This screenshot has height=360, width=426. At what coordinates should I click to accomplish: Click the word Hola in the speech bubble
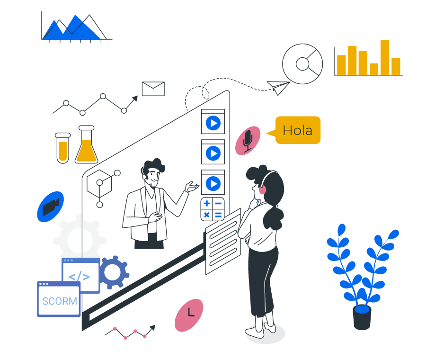pos(297,130)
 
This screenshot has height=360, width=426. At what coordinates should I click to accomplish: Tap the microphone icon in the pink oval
pos(248,140)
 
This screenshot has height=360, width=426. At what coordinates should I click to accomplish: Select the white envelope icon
pos(153,89)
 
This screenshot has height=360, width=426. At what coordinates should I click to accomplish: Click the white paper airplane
pos(278,87)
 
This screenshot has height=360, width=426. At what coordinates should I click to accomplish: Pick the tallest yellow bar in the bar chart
pos(385,57)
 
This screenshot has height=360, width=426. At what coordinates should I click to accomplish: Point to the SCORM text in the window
pos(60,301)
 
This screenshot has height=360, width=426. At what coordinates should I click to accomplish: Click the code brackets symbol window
pos(80,277)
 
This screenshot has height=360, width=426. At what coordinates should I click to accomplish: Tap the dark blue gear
pos(113,272)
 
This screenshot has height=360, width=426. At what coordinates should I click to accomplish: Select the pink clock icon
pos(189,315)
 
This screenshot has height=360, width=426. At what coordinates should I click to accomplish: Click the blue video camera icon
pos(51,207)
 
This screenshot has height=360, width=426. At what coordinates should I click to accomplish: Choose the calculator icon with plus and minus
pos(213,209)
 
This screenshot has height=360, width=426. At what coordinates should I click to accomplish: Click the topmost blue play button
pos(213,123)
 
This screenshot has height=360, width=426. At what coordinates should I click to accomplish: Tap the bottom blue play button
pos(213,183)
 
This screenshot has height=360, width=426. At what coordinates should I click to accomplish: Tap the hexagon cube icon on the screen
pos(99,183)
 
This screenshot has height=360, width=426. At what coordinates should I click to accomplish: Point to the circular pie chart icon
pos(302,63)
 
